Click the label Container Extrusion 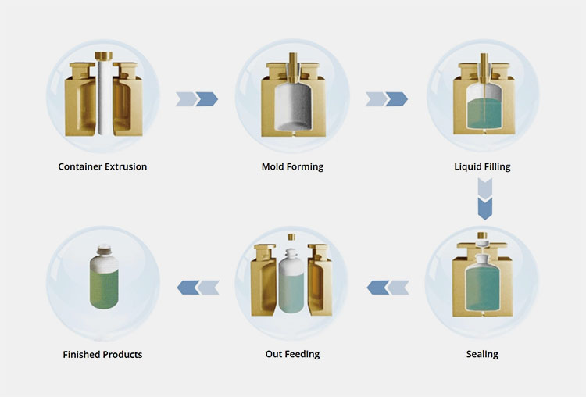pyautogui.click(x=102, y=166)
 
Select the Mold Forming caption pyautogui.click(x=292, y=166)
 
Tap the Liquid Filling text pyautogui.click(x=482, y=166)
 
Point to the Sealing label pyautogui.click(x=482, y=354)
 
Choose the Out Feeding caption pyautogui.click(x=292, y=354)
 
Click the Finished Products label pyautogui.click(x=102, y=355)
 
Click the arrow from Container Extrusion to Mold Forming pyautogui.click(x=197, y=98)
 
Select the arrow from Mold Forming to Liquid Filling pyautogui.click(x=386, y=98)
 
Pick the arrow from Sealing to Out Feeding pyautogui.click(x=388, y=288)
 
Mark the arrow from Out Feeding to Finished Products pyautogui.click(x=198, y=288)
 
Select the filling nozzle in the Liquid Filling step pyautogui.click(x=482, y=67)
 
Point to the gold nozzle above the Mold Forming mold pyautogui.click(x=292, y=66)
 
